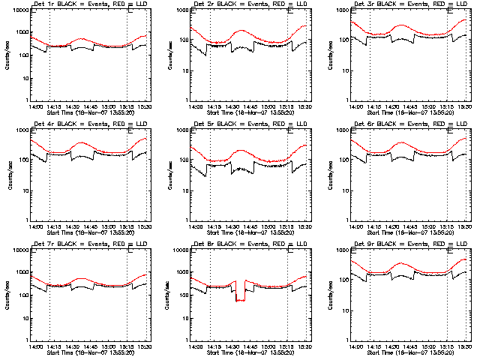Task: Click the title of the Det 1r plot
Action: pos(89,5)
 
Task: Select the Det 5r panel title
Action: pos(250,124)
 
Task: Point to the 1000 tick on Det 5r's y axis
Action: pos(182,130)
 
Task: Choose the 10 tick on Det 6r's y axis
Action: pos(342,190)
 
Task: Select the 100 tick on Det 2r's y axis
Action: pos(182,55)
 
